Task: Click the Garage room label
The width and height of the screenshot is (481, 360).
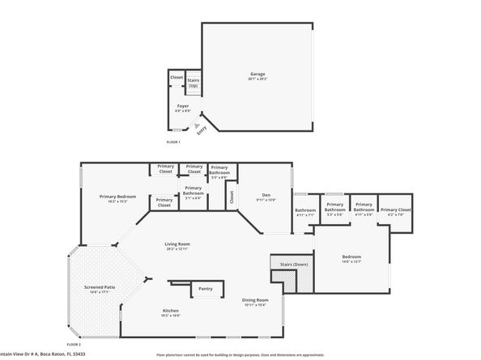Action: pyautogui.click(x=257, y=74)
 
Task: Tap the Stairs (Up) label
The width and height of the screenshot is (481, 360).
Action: pyautogui.click(x=194, y=83)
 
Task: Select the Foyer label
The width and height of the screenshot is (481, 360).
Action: pyautogui.click(x=183, y=106)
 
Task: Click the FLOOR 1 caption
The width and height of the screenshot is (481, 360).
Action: pyautogui.click(x=173, y=142)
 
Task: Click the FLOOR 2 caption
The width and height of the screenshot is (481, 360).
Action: pyautogui.click(x=74, y=344)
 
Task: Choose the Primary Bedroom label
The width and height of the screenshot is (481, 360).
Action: pyautogui.click(x=117, y=197)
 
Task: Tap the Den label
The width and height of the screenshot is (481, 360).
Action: pyautogui.click(x=266, y=195)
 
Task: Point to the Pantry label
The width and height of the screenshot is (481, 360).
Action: pyautogui.click(x=206, y=288)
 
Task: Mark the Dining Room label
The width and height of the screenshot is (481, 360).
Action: pyautogui.click(x=255, y=301)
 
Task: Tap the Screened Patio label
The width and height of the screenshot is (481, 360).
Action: pyautogui.click(x=100, y=287)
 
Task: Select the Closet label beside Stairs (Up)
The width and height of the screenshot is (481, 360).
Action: pyautogui.click(x=177, y=78)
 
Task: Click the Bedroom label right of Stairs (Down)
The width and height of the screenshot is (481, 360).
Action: pyautogui.click(x=351, y=256)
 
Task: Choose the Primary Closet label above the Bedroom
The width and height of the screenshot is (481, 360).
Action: pyautogui.click(x=395, y=210)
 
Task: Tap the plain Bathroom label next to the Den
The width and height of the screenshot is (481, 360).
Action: pyautogui.click(x=305, y=211)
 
